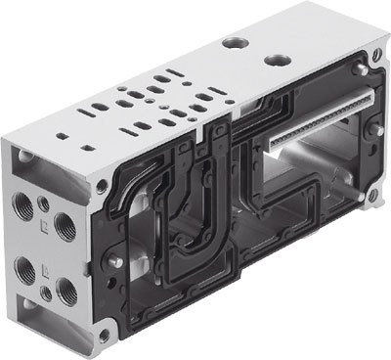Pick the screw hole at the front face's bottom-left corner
coord(106,336)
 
